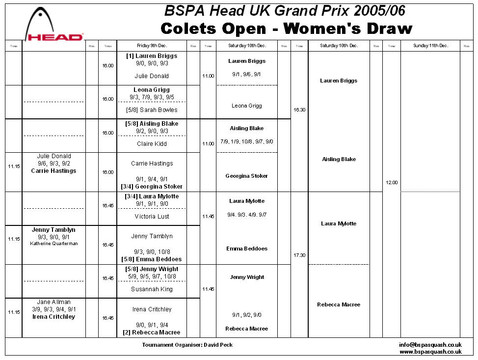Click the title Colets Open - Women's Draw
[286, 28]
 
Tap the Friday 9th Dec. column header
[151, 46]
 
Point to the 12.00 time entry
[392, 183]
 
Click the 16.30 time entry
[299, 110]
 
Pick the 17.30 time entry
[299, 255]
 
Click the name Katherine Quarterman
[53, 244]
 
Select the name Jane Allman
[53, 302]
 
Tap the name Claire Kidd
[152, 144]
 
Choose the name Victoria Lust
[152, 217]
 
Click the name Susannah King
[152, 289]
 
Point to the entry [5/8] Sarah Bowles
[152, 110]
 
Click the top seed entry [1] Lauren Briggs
[152, 56]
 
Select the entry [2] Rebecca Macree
[152, 332]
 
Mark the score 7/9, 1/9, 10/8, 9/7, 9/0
[247, 141]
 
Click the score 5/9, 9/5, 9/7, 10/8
[152, 277]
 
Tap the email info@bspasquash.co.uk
[430, 345]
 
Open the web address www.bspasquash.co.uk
[430, 352]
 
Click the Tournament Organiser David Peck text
[187, 345]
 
